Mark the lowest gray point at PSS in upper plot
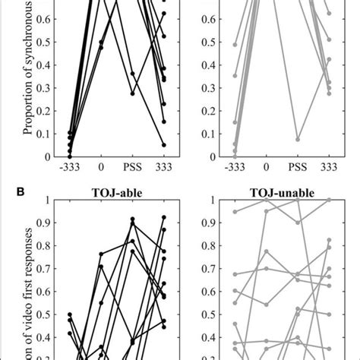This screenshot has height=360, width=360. [298, 140]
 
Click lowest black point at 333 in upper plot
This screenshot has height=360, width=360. [163, 145]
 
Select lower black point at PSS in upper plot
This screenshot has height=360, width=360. [132, 93]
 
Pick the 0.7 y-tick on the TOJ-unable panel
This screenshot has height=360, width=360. [212, 268]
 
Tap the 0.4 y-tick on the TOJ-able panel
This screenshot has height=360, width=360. [46, 336]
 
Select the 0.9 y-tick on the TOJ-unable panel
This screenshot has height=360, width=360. [212, 223]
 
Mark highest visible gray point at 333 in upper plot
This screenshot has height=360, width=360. [329, 13]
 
